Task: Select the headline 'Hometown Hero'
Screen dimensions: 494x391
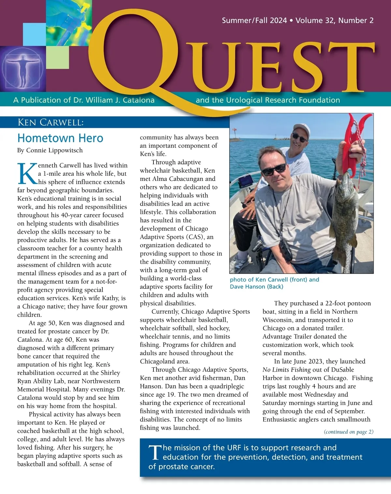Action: click(60, 138)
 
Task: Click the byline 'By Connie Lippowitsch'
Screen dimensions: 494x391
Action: click(50, 150)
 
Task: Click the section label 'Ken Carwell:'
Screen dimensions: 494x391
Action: click(51, 122)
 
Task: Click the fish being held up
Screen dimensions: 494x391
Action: click(345, 212)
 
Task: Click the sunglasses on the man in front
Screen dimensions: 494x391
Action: click(274, 170)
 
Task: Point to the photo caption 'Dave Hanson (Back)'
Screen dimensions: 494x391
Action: click(256, 287)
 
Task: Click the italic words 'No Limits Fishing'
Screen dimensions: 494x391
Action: click(286, 370)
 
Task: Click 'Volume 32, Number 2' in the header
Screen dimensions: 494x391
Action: click(334, 21)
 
